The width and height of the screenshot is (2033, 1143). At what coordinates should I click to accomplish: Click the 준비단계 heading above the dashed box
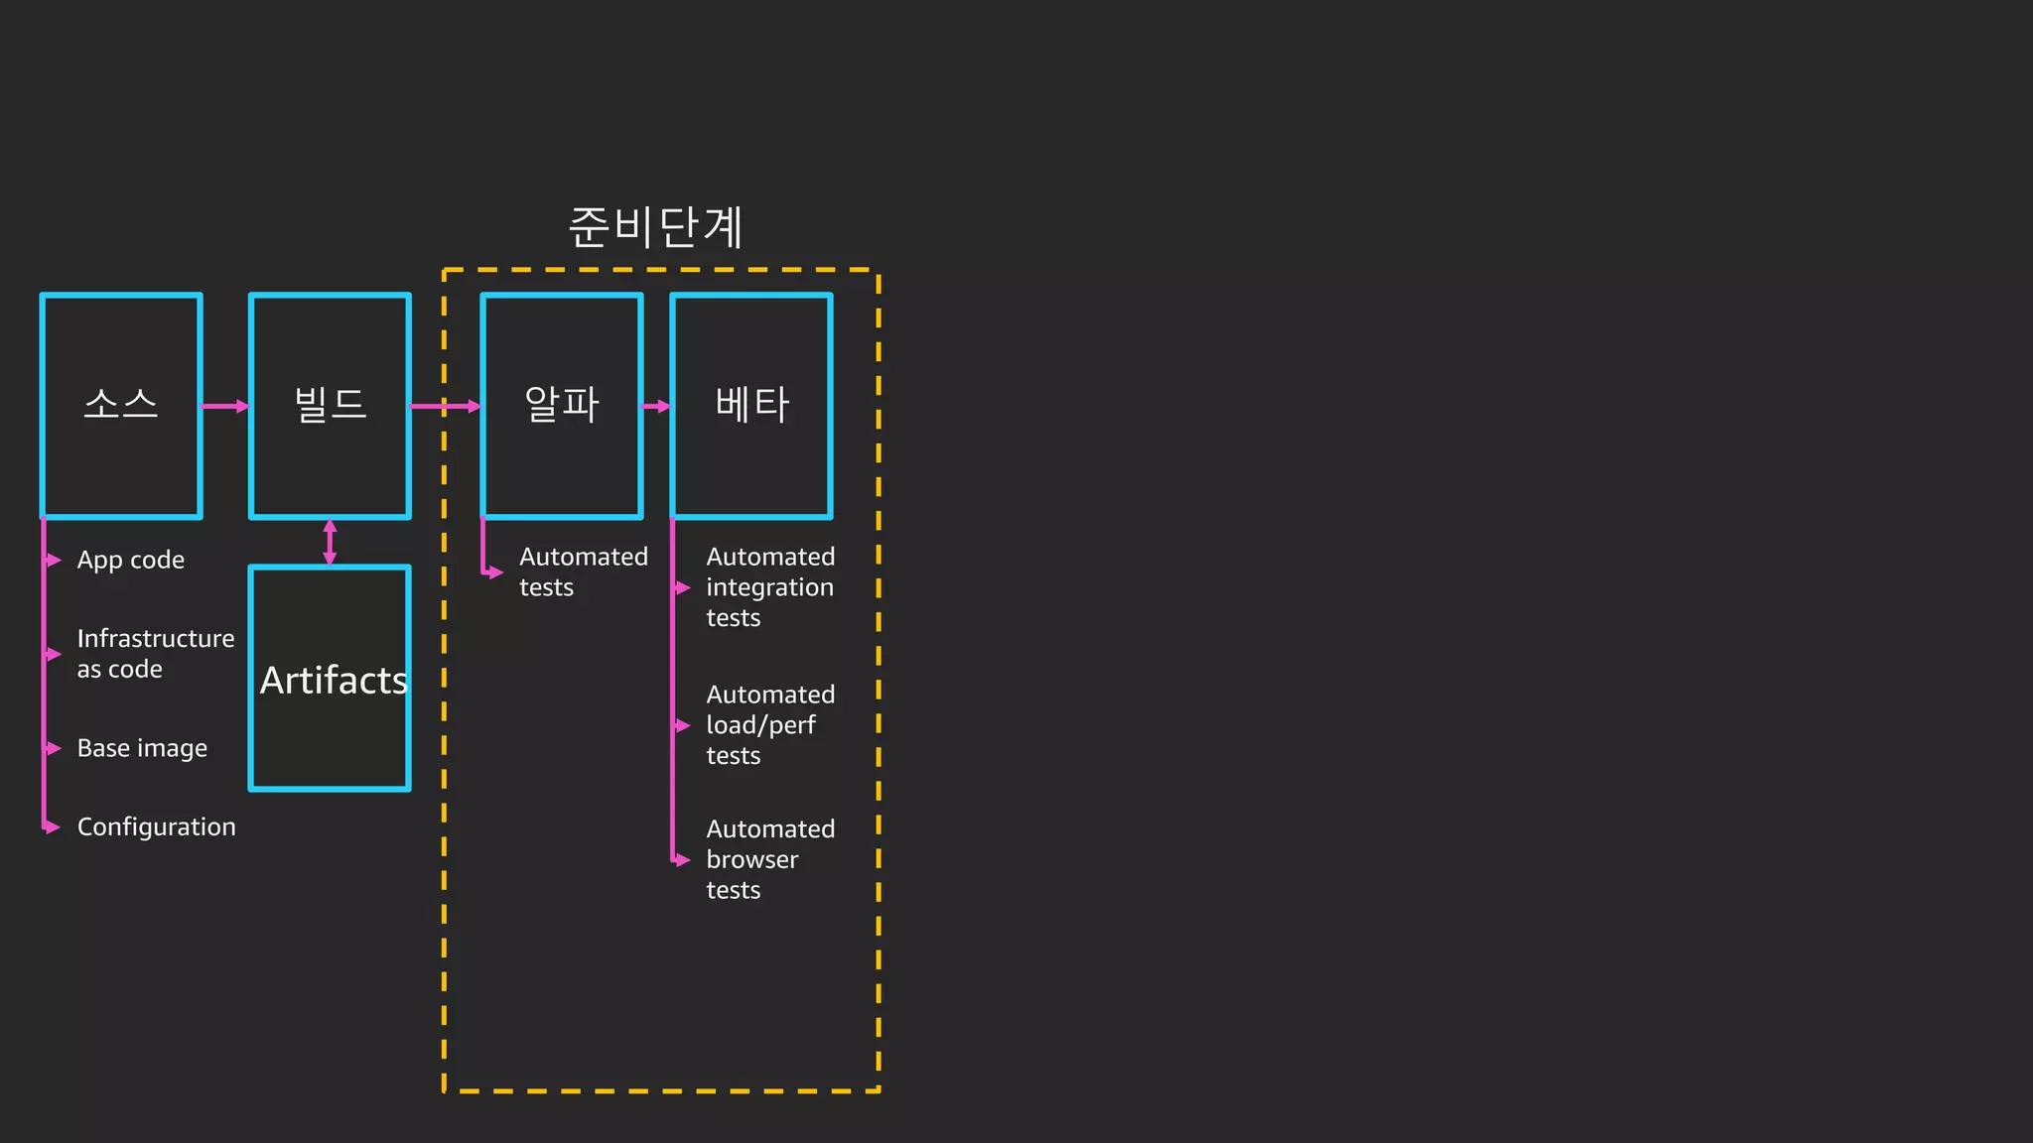[655, 227]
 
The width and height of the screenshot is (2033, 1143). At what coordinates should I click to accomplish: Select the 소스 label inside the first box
[121, 405]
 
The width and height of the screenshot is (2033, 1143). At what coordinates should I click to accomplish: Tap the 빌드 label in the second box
[331, 405]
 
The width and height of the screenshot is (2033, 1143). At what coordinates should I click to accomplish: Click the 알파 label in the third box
[562, 405]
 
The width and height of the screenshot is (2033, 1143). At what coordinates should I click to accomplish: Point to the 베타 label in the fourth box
[751, 405]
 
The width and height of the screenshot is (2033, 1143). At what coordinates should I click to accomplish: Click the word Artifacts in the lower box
[334, 681]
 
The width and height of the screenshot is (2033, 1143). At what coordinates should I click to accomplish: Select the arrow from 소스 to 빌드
[225, 406]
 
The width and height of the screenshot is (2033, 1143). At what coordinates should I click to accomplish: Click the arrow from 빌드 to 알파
[446, 406]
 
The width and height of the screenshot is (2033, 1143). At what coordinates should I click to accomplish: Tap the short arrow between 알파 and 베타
[657, 406]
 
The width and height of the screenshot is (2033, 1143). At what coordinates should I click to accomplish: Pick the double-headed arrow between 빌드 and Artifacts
[330, 542]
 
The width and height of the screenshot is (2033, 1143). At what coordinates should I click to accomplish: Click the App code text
[130, 561]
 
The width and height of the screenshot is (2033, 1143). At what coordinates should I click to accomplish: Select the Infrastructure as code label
[155, 654]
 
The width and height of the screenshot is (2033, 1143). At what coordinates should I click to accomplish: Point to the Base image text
[142, 748]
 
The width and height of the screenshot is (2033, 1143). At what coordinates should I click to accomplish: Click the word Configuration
[156, 826]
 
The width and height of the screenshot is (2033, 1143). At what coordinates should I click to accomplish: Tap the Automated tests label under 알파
[583, 572]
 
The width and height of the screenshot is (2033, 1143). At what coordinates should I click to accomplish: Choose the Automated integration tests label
[769, 587]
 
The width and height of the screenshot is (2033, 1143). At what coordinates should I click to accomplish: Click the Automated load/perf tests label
[769, 725]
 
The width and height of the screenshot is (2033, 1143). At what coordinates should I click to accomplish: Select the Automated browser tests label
[769, 859]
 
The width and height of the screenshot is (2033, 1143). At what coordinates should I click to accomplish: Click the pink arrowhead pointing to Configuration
[53, 826]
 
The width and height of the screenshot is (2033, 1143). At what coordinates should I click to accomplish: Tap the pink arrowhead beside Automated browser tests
[682, 859]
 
